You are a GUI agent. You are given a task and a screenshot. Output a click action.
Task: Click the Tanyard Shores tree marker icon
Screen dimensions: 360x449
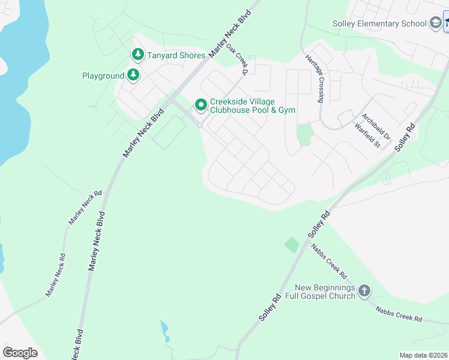click(x=138, y=55)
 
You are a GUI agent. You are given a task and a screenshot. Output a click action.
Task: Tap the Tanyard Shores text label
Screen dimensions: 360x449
click(x=176, y=55)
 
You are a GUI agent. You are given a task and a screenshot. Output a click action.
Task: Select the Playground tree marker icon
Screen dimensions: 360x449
click(x=133, y=76)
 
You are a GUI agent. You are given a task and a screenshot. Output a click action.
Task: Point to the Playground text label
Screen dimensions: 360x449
click(x=103, y=76)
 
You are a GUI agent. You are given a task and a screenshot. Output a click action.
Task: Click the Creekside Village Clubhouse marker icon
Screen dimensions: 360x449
click(x=200, y=105)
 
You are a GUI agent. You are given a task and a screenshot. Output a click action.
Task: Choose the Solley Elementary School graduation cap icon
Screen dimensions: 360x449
click(x=436, y=23)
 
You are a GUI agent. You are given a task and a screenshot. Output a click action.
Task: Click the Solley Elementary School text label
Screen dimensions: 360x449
click(x=379, y=24)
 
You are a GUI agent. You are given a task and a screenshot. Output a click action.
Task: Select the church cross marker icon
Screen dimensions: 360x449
click(x=364, y=292)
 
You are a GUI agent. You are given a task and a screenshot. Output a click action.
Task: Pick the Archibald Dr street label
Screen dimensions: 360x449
click(x=376, y=127)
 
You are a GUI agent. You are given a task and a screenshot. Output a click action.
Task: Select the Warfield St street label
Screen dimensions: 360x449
click(x=369, y=136)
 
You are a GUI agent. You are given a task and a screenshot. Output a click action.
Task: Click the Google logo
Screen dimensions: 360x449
click(x=20, y=353)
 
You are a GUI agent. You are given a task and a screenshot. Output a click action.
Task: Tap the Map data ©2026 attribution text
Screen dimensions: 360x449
click(x=423, y=355)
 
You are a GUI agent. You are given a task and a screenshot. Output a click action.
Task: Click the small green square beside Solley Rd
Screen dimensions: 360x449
click(x=292, y=245)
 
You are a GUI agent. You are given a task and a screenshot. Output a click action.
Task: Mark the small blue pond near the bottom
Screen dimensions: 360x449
click(x=164, y=329)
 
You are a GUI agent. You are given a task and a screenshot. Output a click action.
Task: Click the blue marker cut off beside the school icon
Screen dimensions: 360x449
click(x=447, y=23)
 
